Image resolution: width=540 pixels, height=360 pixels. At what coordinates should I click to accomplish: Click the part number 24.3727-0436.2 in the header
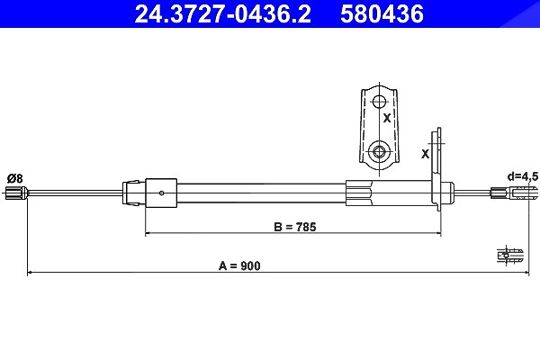point(222,14)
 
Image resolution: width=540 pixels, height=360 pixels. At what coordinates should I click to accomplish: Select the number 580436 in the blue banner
point(382,14)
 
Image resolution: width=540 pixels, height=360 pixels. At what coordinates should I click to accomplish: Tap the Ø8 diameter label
point(14,179)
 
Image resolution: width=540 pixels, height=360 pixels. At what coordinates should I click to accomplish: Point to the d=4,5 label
point(522,176)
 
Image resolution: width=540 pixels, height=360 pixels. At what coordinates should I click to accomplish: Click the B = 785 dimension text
point(295,227)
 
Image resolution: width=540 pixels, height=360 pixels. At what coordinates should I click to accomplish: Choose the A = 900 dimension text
point(239,266)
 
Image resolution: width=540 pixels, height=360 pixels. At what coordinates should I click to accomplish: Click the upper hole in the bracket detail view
point(380,102)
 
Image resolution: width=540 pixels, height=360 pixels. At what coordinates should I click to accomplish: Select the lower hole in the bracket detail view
point(379,151)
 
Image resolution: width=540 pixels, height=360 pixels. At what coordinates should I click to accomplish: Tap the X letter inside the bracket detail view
point(387,118)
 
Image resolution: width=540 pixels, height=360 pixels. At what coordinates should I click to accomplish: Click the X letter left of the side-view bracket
point(426,154)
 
